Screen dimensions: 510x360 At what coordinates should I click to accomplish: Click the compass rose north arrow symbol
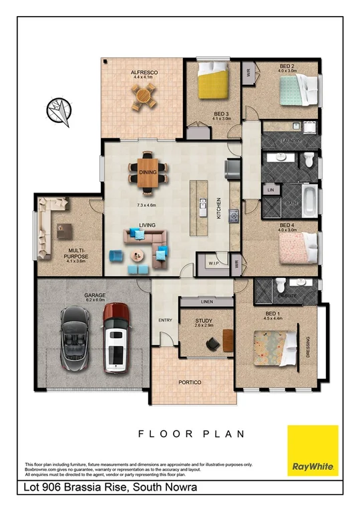[59, 110]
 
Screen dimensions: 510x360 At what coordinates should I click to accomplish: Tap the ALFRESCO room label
[142, 72]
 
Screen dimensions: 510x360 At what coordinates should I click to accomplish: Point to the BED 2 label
[287, 66]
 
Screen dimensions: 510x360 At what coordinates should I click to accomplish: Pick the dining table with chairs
[148, 172]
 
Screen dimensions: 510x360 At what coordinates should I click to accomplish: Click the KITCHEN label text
[218, 209]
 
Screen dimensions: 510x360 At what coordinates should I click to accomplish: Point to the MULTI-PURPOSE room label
[74, 253]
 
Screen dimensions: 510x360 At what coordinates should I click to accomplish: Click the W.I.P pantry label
[214, 263]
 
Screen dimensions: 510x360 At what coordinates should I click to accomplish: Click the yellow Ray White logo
[313, 451]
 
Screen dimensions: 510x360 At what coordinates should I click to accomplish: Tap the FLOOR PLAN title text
[191, 434]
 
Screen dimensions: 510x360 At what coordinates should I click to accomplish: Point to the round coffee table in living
[138, 255]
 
